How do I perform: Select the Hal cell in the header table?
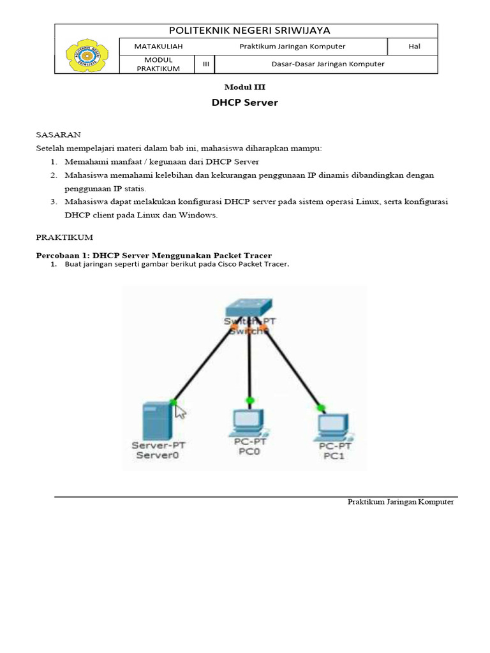click(413, 47)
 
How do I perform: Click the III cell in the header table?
click(205, 64)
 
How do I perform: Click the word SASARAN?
click(57, 135)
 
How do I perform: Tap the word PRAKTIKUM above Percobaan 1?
click(64, 237)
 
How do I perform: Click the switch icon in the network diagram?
click(249, 306)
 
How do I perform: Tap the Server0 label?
click(156, 455)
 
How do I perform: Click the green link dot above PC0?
click(250, 400)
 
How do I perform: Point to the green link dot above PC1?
click(320, 407)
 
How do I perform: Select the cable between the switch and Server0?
click(204, 363)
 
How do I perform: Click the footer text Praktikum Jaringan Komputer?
click(400, 502)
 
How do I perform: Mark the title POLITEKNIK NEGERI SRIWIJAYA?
click(249, 31)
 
